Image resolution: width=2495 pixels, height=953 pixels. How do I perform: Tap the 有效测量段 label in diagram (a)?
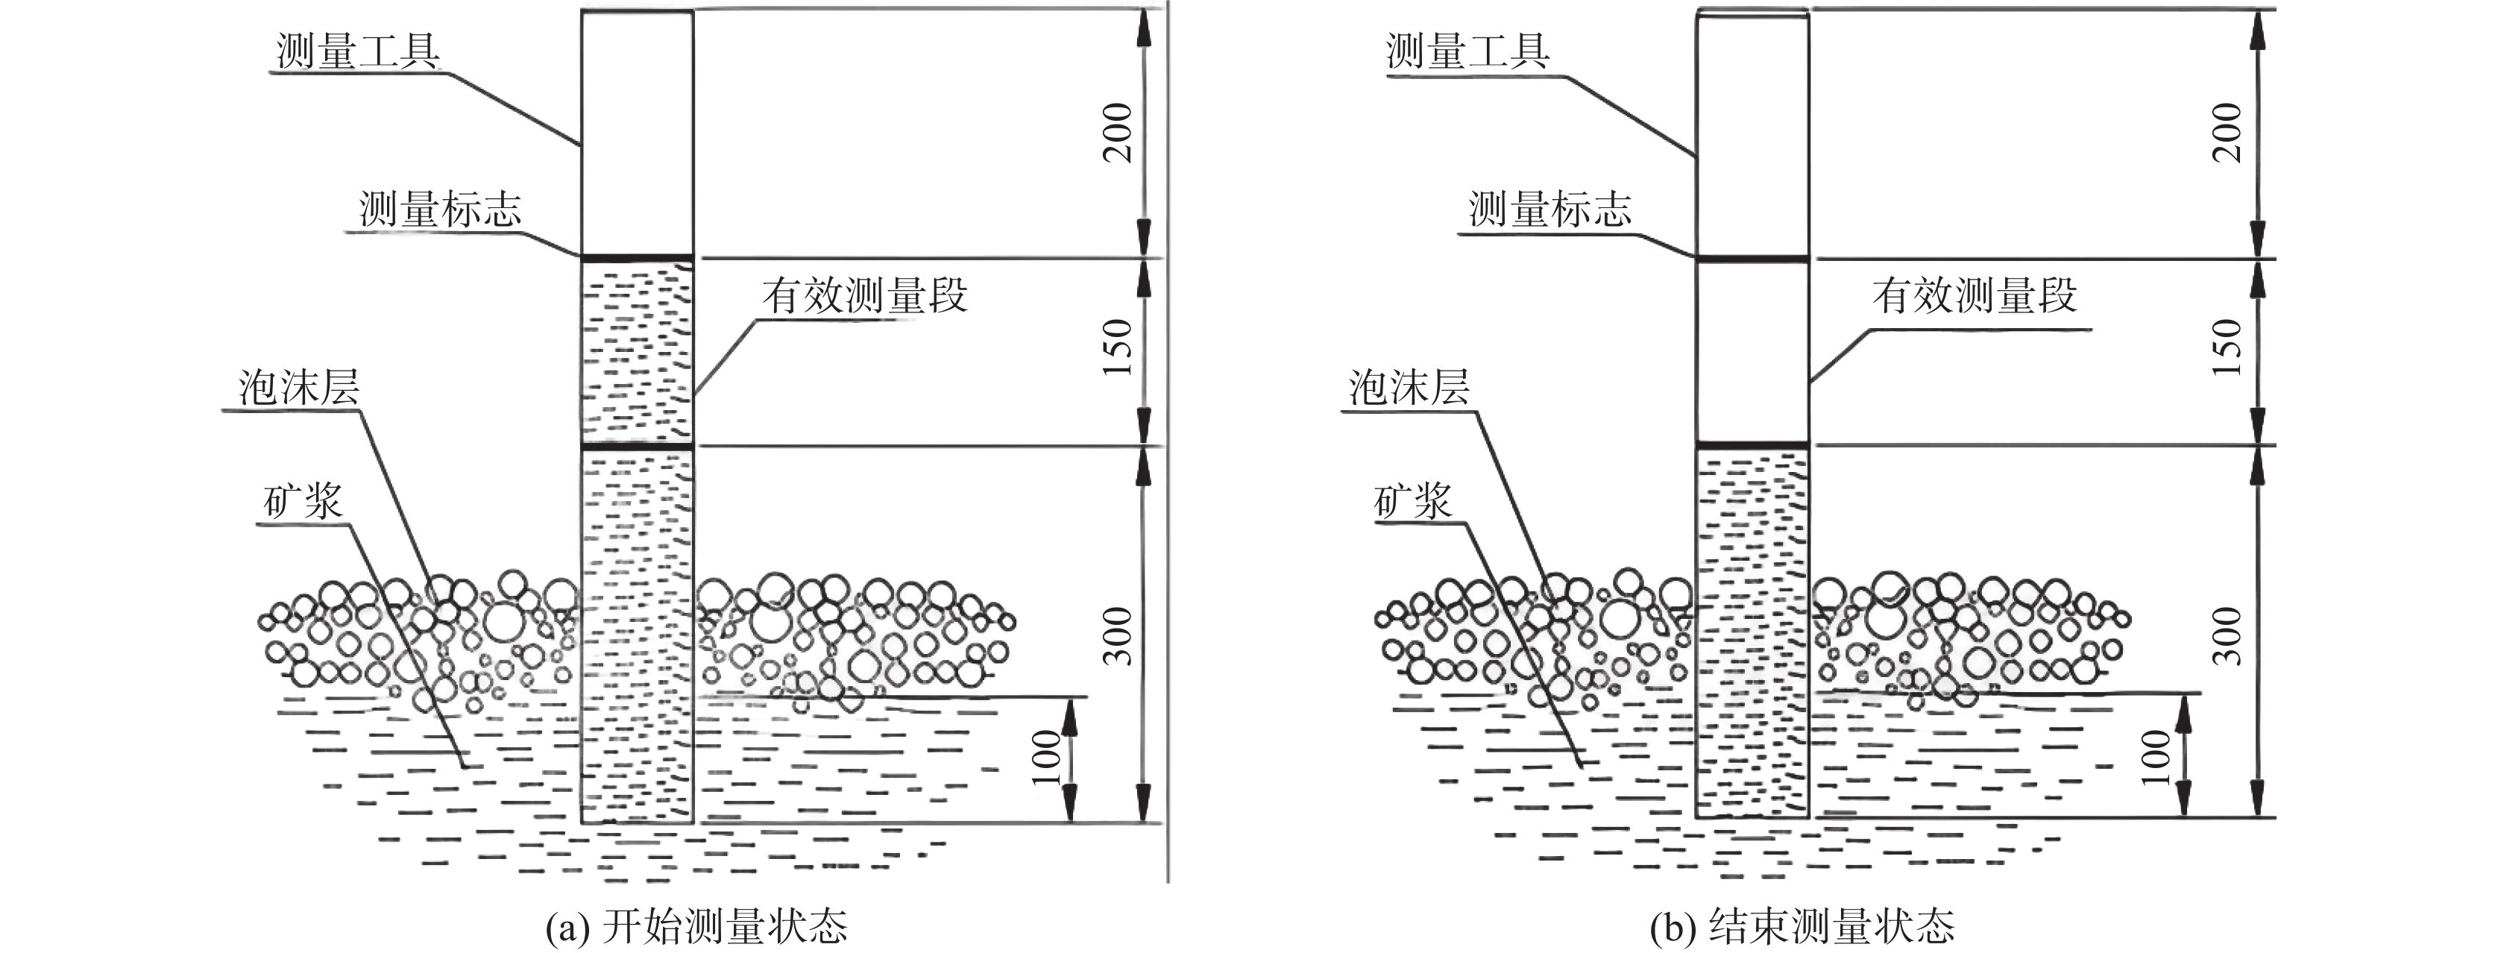865,295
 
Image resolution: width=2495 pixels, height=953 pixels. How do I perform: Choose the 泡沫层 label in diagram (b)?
1409,389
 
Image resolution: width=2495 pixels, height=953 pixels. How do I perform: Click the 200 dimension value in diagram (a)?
1118,132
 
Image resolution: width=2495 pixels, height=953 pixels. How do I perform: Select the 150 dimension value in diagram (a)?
1118,347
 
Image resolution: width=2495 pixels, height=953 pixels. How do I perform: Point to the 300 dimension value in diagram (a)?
1118,635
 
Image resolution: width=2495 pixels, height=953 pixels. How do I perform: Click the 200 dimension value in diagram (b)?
2229,132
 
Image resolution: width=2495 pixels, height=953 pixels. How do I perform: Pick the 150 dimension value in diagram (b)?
2229,347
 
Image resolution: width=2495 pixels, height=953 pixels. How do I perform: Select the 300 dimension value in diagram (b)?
2229,635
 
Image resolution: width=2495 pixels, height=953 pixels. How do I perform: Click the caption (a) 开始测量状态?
696,927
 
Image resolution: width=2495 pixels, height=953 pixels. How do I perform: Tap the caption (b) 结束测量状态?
1802,927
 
